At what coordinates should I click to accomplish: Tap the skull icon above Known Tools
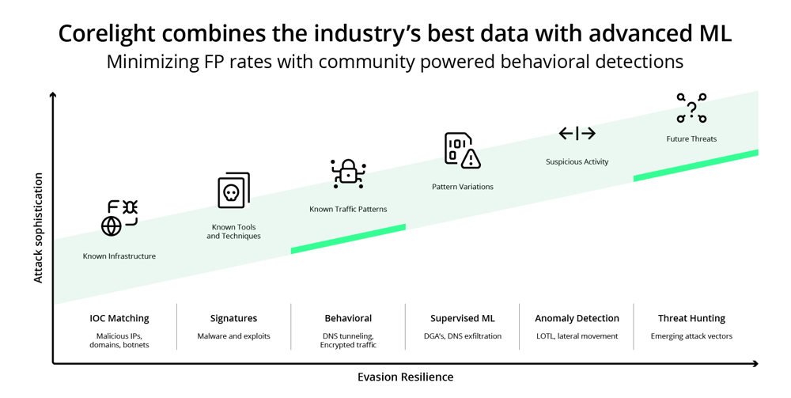[233, 191]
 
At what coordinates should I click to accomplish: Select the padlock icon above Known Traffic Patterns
[348, 172]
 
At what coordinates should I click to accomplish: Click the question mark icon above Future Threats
[691, 108]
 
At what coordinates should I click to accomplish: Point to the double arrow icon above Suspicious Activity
[577, 134]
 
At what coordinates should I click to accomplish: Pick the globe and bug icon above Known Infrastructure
[119, 218]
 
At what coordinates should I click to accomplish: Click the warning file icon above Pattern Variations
[462, 150]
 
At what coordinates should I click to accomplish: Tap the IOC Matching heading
[119, 318]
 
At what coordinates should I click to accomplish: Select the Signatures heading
[233, 318]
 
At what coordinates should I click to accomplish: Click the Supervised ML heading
[463, 318]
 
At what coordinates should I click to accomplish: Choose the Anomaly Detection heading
[577, 318]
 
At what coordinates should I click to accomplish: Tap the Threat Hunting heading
[691, 318]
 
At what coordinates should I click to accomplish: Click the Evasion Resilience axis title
[405, 377]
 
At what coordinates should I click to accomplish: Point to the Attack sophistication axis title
[38, 228]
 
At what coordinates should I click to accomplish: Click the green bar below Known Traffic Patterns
[348, 239]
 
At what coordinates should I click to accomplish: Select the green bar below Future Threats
[696, 165]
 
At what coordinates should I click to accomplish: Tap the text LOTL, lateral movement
[577, 336]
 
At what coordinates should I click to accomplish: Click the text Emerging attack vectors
[691, 336]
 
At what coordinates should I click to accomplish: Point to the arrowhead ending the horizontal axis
[755, 364]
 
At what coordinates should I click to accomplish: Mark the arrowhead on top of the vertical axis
[53, 96]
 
